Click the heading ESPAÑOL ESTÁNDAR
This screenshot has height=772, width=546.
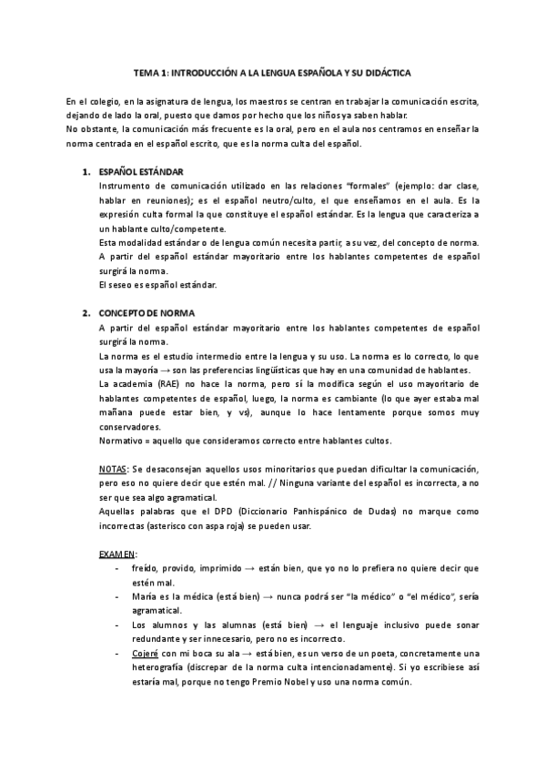tap(140, 172)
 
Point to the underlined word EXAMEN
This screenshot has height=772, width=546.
tap(116, 553)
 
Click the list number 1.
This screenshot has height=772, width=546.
tap(85, 172)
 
